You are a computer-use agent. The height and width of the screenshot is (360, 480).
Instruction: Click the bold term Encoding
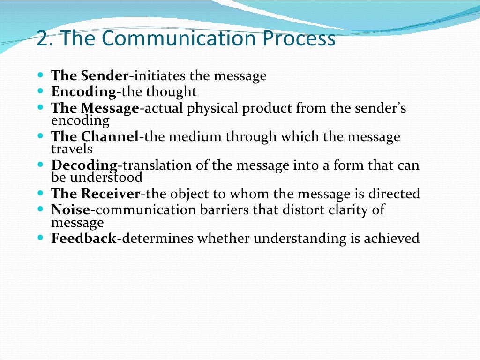[83, 91]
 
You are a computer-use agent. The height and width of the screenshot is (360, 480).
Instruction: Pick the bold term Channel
[110, 137]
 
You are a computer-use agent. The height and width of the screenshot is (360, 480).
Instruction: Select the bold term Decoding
[84, 165]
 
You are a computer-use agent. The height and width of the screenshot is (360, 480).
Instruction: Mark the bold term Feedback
[83, 238]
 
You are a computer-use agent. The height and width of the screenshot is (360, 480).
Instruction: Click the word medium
[192, 137]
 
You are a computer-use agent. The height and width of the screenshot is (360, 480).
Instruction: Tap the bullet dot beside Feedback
[40, 238]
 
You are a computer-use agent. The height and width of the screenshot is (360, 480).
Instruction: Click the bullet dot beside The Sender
[40, 75]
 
